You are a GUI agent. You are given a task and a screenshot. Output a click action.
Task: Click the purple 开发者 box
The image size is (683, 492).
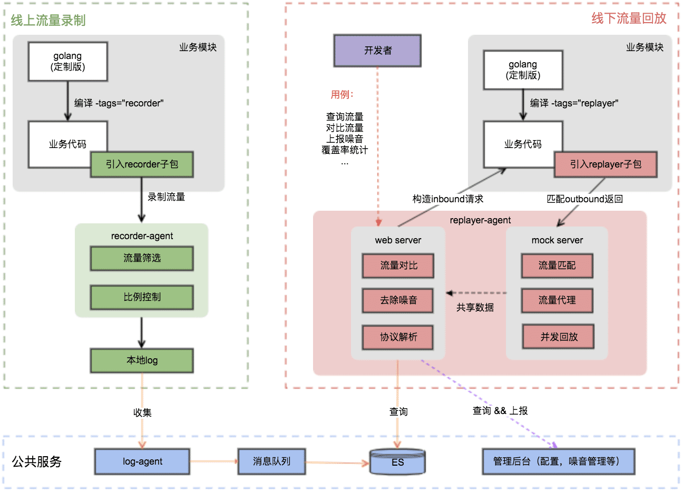point(377,51)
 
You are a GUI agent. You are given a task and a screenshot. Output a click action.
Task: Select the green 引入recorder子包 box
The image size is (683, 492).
point(142,164)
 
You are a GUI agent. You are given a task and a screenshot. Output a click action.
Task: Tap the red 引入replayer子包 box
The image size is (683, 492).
point(606,164)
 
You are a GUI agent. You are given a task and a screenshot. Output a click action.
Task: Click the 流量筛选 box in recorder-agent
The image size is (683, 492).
point(142,258)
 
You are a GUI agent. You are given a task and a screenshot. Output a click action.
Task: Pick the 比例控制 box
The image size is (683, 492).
point(142,297)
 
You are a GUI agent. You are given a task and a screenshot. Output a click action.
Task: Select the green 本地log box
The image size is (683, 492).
point(142,360)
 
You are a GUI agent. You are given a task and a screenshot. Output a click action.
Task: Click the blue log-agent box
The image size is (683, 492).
point(142,461)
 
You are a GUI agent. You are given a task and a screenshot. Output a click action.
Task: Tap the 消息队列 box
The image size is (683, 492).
point(271,461)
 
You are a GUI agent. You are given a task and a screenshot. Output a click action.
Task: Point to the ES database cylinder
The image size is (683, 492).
point(397,462)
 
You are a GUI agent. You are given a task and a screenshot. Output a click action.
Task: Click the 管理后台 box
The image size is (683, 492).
point(558,461)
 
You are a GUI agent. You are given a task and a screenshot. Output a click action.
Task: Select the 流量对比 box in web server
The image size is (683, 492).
point(398,265)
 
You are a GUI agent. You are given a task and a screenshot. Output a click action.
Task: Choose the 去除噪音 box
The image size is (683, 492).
point(398,300)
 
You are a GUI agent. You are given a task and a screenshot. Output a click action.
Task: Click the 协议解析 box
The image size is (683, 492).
point(398,337)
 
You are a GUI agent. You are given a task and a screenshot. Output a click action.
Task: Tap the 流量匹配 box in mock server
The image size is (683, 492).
point(557,265)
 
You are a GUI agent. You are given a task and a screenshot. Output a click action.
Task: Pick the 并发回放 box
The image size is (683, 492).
point(559,337)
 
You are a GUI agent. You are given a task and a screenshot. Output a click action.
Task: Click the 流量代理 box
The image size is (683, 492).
point(557,300)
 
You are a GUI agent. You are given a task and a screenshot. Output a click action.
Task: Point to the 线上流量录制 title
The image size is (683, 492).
point(48,21)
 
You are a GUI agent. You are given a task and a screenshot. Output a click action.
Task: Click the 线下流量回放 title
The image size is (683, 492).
point(629,18)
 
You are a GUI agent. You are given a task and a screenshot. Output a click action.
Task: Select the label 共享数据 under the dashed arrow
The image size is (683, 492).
point(475,308)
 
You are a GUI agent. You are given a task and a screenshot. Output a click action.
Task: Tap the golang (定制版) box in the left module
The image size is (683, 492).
point(67,62)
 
